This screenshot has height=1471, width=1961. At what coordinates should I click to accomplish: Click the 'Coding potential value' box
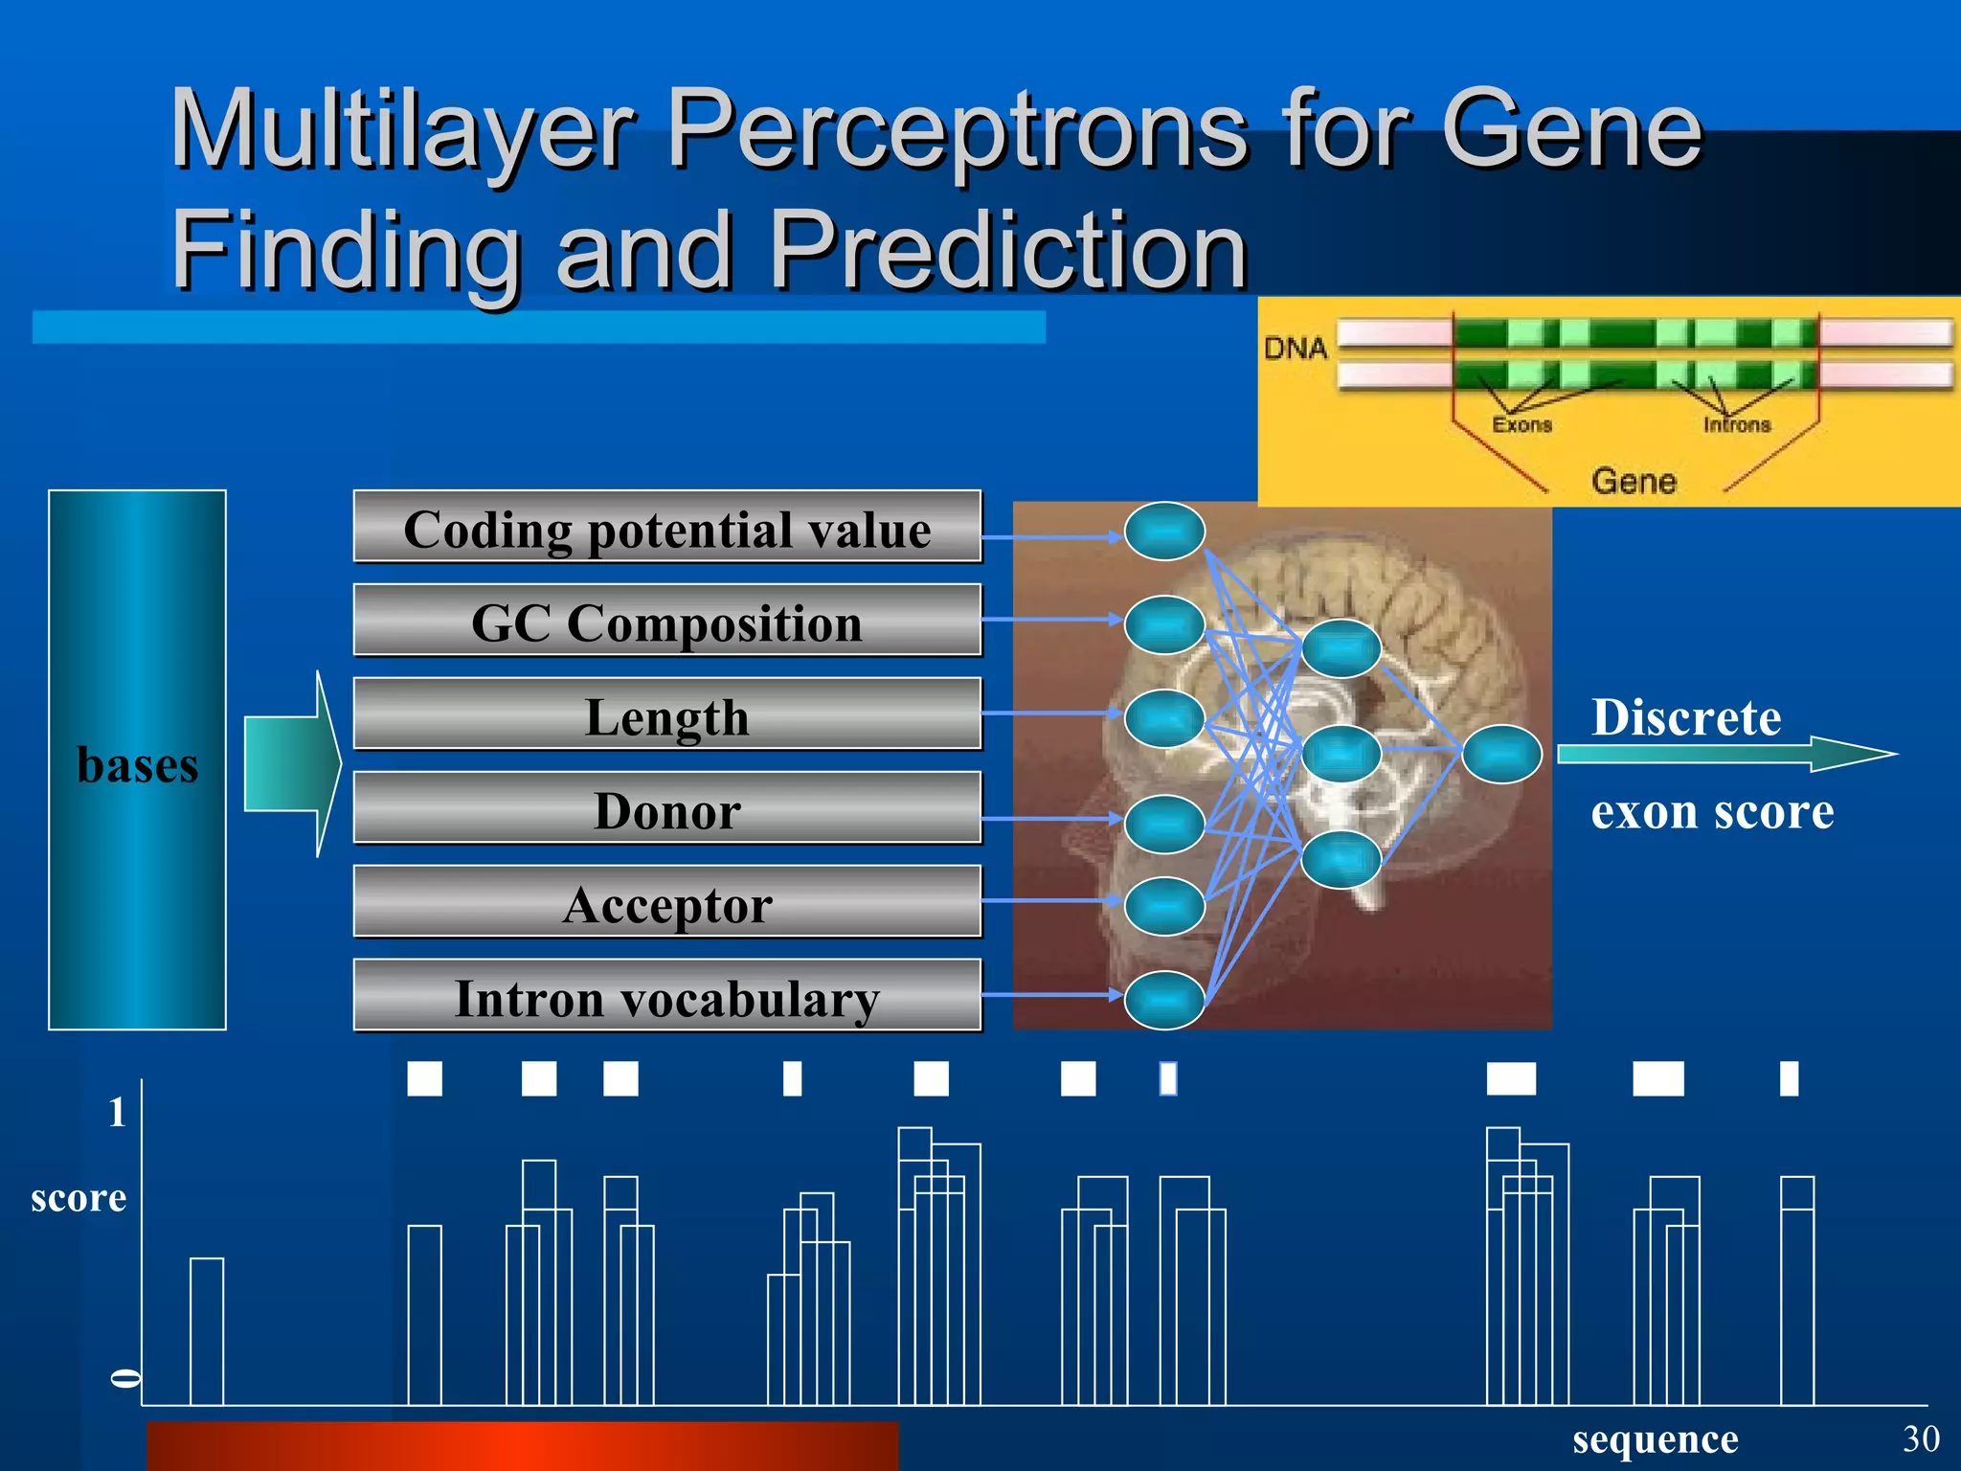click(667, 528)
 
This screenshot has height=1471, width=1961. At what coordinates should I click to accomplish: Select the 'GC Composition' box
click(667, 622)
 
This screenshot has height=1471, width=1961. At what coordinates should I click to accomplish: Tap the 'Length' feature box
click(667, 715)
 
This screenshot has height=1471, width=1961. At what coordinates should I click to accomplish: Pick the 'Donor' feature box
click(667, 809)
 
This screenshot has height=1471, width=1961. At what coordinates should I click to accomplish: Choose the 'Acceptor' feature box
click(667, 903)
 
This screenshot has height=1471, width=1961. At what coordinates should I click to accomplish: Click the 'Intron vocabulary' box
click(667, 997)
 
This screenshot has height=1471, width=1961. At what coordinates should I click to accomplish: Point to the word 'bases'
click(138, 764)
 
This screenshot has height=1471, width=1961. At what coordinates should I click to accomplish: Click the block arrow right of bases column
click(293, 763)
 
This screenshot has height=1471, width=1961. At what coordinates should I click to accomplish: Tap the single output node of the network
click(1501, 754)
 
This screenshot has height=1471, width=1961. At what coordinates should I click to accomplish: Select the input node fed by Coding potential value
click(1164, 531)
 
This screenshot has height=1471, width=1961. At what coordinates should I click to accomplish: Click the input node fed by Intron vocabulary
click(1164, 1000)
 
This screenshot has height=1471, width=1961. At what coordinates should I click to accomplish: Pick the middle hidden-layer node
click(1341, 754)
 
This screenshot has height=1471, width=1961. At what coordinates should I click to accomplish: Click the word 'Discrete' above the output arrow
click(1686, 716)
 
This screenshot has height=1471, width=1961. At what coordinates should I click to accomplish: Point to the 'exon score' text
click(1712, 811)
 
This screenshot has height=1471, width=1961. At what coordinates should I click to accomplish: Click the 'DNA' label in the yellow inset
click(1296, 348)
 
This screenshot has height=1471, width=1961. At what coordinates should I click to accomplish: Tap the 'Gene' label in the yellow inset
click(1634, 480)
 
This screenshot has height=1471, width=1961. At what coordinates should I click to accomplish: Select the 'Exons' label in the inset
click(1521, 424)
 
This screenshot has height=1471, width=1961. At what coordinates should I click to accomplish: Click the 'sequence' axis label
click(1655, 1439)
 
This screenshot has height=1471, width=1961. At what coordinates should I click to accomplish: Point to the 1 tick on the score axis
click(117, 1112)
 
